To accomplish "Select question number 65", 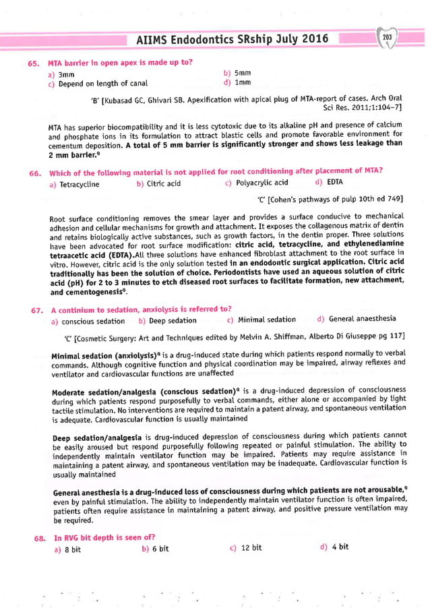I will [33, 63].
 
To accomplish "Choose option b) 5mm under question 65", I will [237, 73].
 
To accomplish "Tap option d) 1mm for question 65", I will [237, 84].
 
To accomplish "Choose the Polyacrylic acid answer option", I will [257, 183].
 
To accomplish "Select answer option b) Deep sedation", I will [167, 321].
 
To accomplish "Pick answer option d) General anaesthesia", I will [357, 320].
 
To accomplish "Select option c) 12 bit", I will [245, 548].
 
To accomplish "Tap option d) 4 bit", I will [334, 547].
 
